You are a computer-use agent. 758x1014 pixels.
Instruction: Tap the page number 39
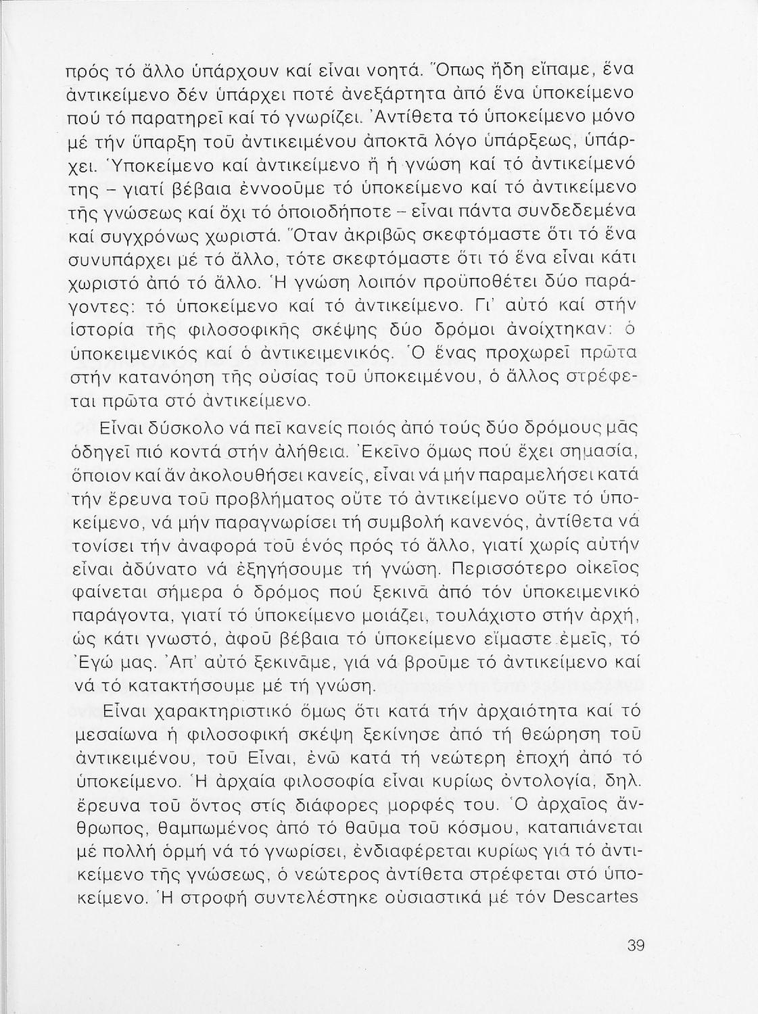point(636,945)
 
